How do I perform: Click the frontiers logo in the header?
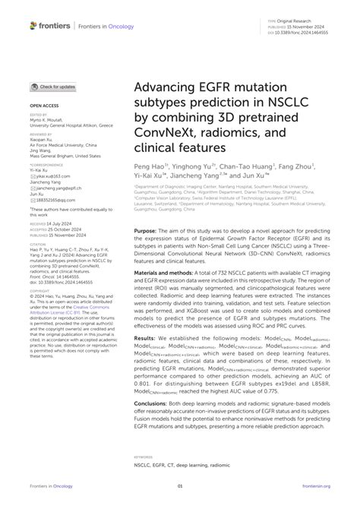tap(50, 26)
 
